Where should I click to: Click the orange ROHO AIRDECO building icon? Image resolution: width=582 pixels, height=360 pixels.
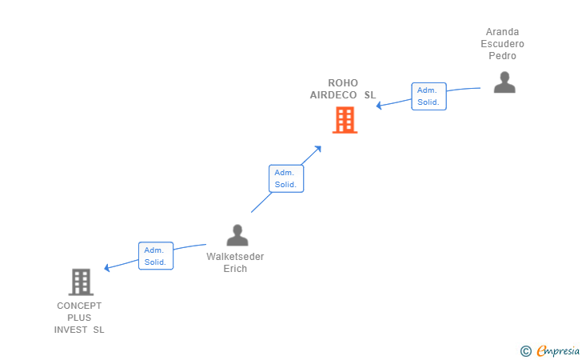click(x=345, y=120)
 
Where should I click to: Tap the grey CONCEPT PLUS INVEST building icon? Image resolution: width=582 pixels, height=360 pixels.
click(x=81, y=282)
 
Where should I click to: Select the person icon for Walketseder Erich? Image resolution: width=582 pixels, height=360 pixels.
click(x=237, y=235)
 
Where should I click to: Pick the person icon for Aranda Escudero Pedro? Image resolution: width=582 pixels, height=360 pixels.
click(x=504, y=82)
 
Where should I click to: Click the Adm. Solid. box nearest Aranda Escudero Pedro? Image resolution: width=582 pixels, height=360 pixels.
click(x=429, y=96)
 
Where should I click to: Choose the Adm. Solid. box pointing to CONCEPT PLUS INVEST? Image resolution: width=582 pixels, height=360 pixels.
click(x=156, y=256)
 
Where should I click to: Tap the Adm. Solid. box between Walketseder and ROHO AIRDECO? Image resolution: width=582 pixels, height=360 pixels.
click(x=286, y=178)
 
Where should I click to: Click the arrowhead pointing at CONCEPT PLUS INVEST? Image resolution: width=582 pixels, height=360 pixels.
click(x=107, y=267)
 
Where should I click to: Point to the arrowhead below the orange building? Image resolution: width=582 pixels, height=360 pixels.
click(x=317, y=149)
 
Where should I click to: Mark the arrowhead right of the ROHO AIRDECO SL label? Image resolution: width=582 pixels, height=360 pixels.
click(x=379, y=106)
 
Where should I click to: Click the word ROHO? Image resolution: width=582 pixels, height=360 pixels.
click(x=343, y=83)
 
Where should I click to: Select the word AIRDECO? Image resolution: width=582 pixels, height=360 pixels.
click(x=333, y=95)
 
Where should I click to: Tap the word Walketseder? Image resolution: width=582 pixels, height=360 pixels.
click(x=235, y=257)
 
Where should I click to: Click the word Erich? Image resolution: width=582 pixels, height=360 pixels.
click(x=235, y=269)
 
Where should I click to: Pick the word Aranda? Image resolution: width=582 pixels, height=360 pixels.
click(x=502, y=32)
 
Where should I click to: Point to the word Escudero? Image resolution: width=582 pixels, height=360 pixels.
click(x=502, y=44)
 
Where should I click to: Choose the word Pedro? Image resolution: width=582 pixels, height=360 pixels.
click(x=502, y=56)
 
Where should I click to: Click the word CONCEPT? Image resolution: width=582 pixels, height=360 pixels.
click(x=79, y=306)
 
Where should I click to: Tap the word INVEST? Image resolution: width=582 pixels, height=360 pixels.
click(x=70, y=330)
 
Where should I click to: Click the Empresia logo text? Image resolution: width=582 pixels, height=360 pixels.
click(x=558, y=350)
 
